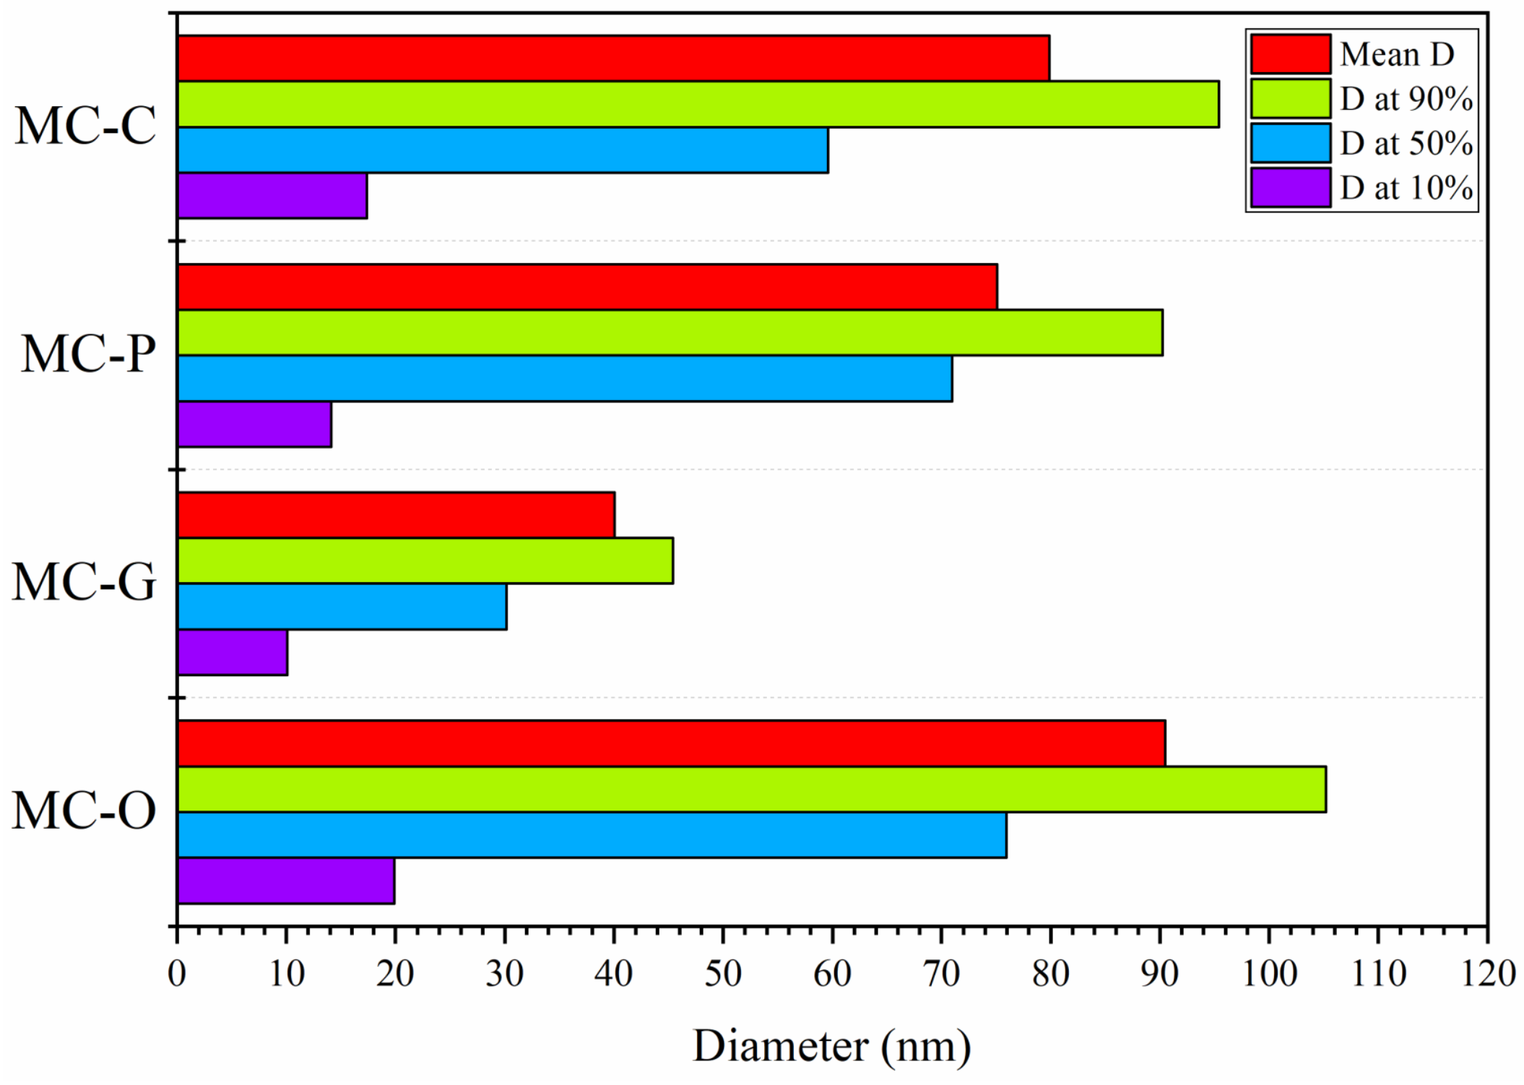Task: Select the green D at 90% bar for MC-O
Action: (x=751, y=789)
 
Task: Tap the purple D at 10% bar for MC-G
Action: (x=233, y=652)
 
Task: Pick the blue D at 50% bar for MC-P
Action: (x=564, y=378)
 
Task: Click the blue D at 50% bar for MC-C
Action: (x=503, y=150)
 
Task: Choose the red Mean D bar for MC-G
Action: (x=396, y=515)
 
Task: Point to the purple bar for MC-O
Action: (x=286, y=881)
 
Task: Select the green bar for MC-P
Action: (x=670, y=332)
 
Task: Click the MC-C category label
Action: (x=85, y=126)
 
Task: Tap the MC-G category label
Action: (x=84, y=582)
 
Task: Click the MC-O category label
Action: (x=84, y=810)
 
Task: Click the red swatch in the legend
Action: (x=1290, y=54)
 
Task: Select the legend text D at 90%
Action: (x=1406, y=99)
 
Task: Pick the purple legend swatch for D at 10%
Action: (x=1290, y=188)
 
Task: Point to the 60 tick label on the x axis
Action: (x=832, y=974)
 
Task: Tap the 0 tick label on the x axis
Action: (x=177, y=974)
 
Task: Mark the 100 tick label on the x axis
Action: (x=1269, y=974)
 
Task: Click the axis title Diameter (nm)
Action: (x=831, y=1045)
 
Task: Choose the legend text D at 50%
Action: (x=1406, y=144)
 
